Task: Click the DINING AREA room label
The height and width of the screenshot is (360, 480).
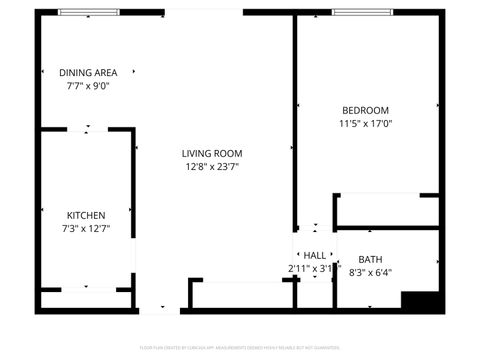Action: coord(89,72)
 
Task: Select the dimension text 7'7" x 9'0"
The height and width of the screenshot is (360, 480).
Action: coord(88,86)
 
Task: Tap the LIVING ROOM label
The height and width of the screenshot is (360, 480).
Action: coord(212,153)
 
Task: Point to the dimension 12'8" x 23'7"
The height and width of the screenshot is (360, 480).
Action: coord(212,167)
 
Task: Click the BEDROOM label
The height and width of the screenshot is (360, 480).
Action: coord(365,110)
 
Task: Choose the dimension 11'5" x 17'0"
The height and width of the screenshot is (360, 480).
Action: coord(365,124)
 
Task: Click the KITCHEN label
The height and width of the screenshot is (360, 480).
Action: coord(86,215)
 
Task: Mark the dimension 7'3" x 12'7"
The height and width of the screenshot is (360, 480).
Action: coord(86,229)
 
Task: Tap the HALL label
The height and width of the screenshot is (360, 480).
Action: coord(314,255)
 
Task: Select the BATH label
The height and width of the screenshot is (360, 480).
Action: coord(370,259)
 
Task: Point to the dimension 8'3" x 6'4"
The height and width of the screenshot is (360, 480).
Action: coord(370,272)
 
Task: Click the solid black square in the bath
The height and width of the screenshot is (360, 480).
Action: coord(420,301)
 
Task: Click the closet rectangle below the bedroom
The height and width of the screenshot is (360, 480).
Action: coord(386,210)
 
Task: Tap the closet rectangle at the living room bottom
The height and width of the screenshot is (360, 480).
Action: coord(239,295)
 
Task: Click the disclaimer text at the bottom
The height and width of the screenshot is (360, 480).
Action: coord(240,347)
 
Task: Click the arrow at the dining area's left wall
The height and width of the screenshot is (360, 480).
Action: coord(44,72)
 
